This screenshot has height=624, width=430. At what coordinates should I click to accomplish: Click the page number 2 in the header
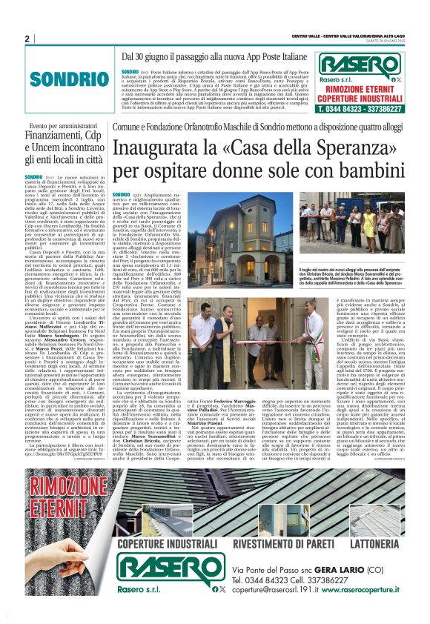[x=27, y=39]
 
